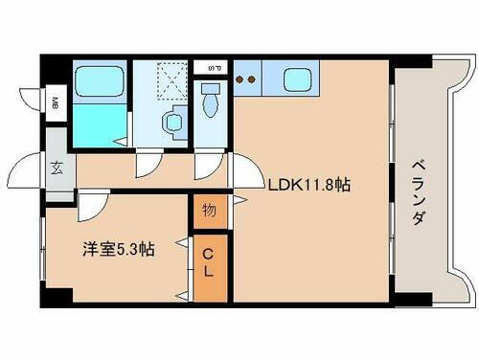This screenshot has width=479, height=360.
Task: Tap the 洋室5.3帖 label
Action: click(117, 249)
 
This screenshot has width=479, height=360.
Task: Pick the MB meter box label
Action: click(55, 103)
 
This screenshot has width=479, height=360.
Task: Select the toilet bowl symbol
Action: click(210, 101)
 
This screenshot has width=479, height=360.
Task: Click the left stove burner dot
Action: click(240, 79)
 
